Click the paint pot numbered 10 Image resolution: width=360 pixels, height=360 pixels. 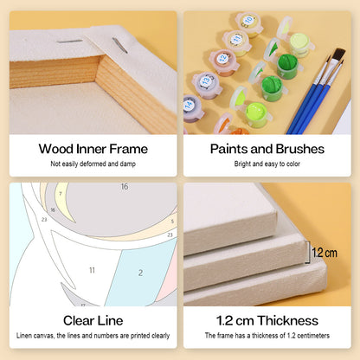click(249, 23)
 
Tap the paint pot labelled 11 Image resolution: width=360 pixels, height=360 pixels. click(237, 42)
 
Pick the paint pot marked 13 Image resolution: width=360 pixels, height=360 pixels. click(207, 84)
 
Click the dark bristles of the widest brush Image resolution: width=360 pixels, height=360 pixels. click(339, 55)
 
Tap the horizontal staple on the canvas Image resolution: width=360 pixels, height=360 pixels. click(70, 42)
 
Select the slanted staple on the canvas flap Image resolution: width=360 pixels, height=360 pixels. click(120, 45)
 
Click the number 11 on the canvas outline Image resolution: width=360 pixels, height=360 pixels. click(92, 270)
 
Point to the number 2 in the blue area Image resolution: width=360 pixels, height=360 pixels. click(140, 273)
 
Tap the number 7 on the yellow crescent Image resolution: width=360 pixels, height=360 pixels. click(61, 193)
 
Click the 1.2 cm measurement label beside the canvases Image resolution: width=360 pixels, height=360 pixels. click(325, 253)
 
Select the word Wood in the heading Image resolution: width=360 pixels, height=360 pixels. click(56, 149)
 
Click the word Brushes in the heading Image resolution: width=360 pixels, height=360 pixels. click(300, 149)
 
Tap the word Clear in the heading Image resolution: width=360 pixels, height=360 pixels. click(79, 320)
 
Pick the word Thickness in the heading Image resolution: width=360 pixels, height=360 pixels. click(288, 320)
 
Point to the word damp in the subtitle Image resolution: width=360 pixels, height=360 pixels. click(128, 164)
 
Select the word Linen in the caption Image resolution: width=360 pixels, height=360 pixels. click(24, 336)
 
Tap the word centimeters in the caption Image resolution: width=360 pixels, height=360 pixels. click(313, 336)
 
